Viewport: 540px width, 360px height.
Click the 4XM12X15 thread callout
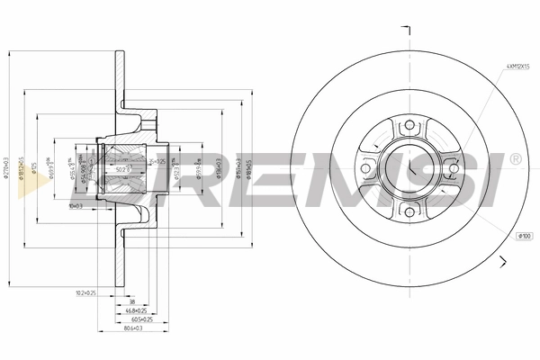[517, 67]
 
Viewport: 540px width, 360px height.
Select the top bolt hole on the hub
[408, 125]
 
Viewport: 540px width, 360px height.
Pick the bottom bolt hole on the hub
[408, 211]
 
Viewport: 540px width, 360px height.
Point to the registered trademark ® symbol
[515, 159]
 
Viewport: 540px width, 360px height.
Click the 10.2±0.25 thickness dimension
[86, 292]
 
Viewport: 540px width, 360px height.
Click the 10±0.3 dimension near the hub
[76, 206]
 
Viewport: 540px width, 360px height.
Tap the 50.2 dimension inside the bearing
[121, 169]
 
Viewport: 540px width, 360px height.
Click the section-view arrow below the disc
[505, 262]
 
